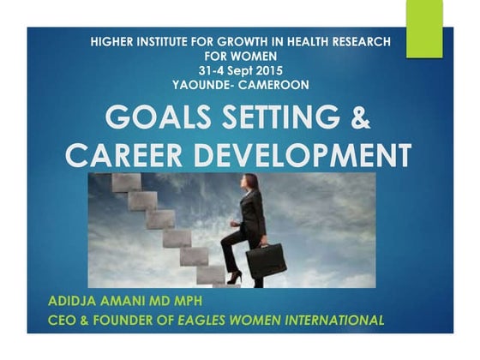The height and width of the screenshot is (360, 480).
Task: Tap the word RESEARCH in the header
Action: pyautogui.click(x=360, y=41)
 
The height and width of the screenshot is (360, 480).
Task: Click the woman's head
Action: pyautogui.click(x=251, y=183)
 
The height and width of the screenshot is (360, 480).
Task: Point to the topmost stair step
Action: pyautogui.click(x=126, y=182)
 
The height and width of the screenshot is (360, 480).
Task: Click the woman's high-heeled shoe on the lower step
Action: pyautogui.click(x=233, y=278)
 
